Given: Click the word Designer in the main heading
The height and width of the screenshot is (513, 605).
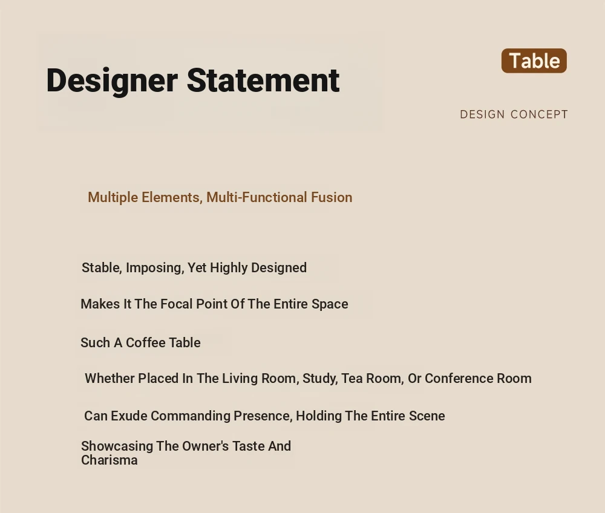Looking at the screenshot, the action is pyautogui.click(x=112, y=81).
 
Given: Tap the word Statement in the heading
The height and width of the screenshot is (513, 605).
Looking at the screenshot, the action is pyautogui.click(x=263, y=80).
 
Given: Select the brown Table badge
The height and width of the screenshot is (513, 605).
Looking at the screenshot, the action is pyautogui.click(x=534, y=60).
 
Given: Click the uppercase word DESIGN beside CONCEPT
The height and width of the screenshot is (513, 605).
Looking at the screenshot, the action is pyautogui.click(x=482, y=114).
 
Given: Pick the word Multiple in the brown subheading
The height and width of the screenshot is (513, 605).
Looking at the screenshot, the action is pyautogui.click(x=113, y=197).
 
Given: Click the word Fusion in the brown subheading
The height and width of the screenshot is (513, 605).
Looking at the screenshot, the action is pyautogui.click(x=332, y=197).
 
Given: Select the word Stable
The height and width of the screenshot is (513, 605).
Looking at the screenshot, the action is pyautogui.click(x=102, y=267).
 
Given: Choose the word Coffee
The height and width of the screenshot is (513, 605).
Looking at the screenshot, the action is pyautogui.click(x=144, y=342).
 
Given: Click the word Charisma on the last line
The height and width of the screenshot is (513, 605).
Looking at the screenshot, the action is pyautogui.click(x=109, y=460).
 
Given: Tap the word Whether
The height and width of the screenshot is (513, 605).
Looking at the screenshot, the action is pyautogui.click(x=110, y=378).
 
